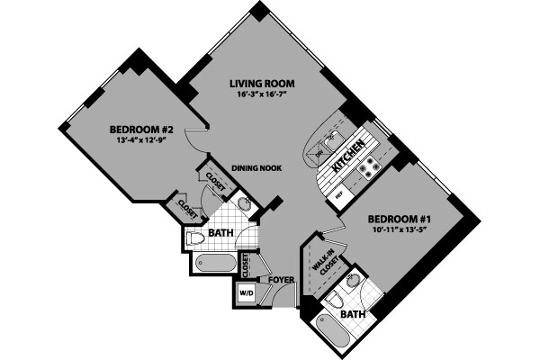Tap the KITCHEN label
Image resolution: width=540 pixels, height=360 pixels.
348,156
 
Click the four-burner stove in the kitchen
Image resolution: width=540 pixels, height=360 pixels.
368,166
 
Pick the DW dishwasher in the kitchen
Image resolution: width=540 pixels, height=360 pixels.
319,155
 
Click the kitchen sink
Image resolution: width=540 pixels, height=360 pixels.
333,137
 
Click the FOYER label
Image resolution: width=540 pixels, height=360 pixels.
280,280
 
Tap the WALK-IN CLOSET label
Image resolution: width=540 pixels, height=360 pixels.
324,264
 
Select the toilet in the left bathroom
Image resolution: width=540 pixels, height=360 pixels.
195,238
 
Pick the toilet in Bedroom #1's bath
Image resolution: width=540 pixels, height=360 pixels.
335,301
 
